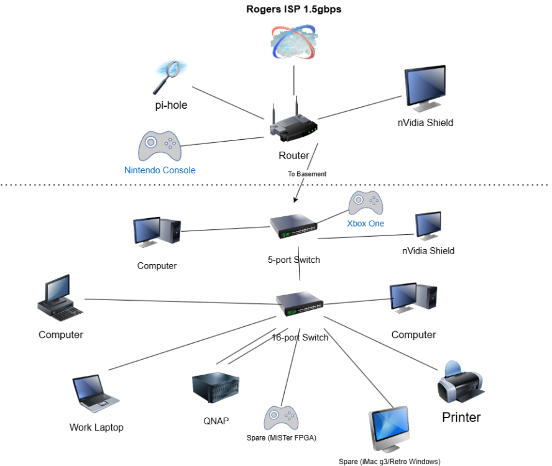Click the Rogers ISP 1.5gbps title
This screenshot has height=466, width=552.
[x=294, y=9]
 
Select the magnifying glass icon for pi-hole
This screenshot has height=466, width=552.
[x=166, y=77]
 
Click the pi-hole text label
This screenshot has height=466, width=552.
[x=171, y=106]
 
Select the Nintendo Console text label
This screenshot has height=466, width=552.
[x=160, y=170]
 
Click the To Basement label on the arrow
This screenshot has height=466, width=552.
[x=306, y=174]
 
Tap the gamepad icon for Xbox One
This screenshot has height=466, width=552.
[x=366, y=204]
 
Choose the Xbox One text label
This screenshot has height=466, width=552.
[x=366, y=224]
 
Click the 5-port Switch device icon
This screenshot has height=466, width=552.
[x=293, y=227]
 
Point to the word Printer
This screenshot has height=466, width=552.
[x=461, y=417]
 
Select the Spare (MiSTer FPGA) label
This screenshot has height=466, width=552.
[x=282, y=438]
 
